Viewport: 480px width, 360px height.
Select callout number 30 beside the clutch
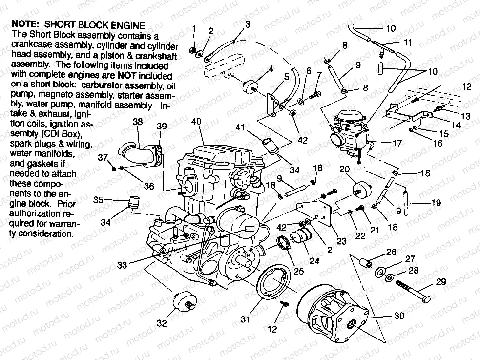point(399,316)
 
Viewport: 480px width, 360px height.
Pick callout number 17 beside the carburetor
point(397,144)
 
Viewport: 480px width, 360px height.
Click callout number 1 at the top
point(194,29)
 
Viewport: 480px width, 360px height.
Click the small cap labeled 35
point(133,201)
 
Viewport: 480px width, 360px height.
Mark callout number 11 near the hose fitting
point(407,43)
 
